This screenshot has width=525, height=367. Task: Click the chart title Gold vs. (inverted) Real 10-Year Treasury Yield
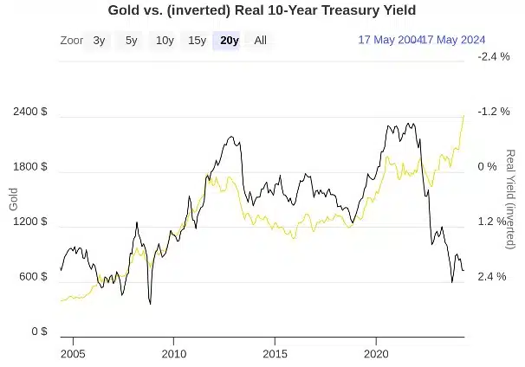pyautogui.click(x=262, y=10)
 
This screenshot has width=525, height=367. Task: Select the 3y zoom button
pyautogui.click(x=100, y=40)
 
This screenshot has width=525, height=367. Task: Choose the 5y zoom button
pyautogui.click(x=131, y=40)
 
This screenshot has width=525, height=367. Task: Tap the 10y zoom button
pyautogui.click(x=164, y=40)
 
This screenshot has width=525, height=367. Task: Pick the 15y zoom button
pyautogui.click(x=197, y=40)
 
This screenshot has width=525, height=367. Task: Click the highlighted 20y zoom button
pyautogui.click(x=230, y=40)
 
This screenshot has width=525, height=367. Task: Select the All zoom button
pyautogui.click(x=260, y=40)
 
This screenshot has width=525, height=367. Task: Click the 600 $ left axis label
pyautogui.click(x=32, y=277)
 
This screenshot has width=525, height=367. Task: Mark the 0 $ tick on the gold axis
pyautogui.click(x=38, y=332)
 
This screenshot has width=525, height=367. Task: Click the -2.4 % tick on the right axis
pyautogui.click(x=493, y=56)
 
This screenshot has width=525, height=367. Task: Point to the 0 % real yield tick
pyautogui.click(x=487, y=167)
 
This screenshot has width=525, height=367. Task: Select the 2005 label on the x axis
pyautogui.click(x=73, y=354)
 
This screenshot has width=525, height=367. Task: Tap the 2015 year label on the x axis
pyautogui.click(x=275, y=354)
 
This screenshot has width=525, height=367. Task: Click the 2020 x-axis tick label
pyautogui.click(x=376, y=354)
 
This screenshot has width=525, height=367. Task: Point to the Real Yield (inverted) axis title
pyautogui.click(x=510, y=201)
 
